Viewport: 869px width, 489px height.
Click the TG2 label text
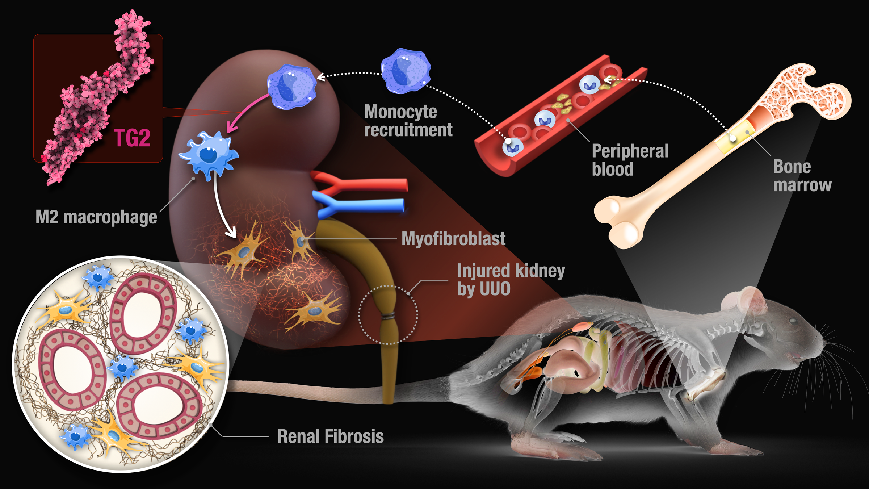click(132, 138)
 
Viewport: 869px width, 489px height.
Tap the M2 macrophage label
click(96, 217)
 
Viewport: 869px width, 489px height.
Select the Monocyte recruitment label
click(408, 121)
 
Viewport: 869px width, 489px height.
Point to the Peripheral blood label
click(630, 160)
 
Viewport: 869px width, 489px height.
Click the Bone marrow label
click(802, 176)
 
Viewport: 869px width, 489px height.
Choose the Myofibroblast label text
click(453, 239)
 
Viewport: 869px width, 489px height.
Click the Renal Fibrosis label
click(330, 436)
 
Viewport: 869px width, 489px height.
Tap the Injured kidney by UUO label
click(511, 280)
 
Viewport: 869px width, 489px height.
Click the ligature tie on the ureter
click(388, 316)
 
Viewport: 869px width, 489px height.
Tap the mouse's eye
click(793, 321)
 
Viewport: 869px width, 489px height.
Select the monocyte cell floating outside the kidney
click(406, 71)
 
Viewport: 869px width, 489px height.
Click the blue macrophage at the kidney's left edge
click(209, 154)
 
